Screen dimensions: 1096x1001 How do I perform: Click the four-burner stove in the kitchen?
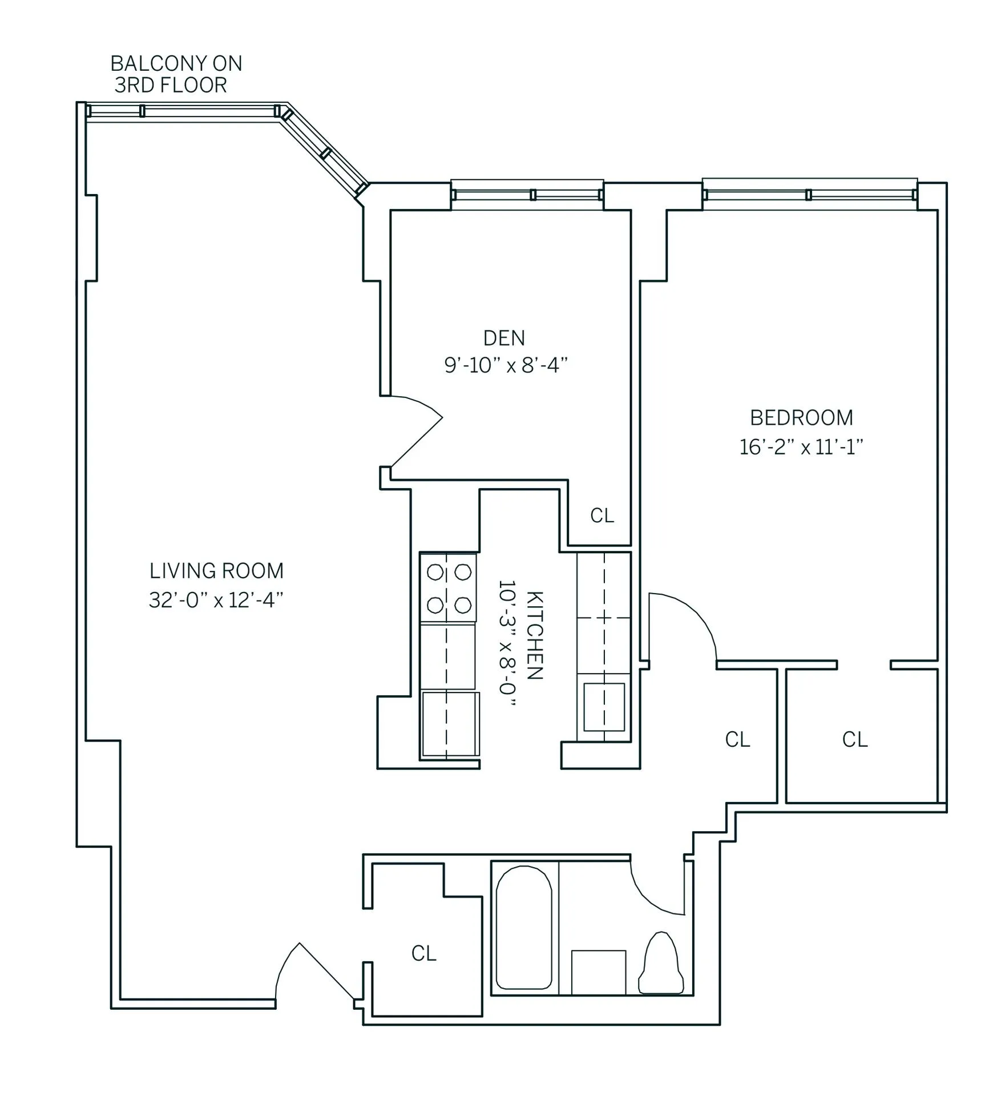(449, 588)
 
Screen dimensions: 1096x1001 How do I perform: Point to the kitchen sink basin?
(604, 707)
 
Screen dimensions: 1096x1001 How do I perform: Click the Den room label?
(504, 339)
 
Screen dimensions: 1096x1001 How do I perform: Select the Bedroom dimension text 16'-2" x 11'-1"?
(801, 446)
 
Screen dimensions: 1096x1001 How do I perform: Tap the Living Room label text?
(216, 571)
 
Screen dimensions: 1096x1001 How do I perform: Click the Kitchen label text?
(534, 635)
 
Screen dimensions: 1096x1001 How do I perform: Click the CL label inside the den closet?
(602, 515)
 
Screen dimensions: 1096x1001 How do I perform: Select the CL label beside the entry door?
(424, 953)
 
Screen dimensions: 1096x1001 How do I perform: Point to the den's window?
(527, 195)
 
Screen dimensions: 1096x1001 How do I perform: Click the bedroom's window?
(809, 195)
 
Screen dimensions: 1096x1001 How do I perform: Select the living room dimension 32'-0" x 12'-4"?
(216, 600)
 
